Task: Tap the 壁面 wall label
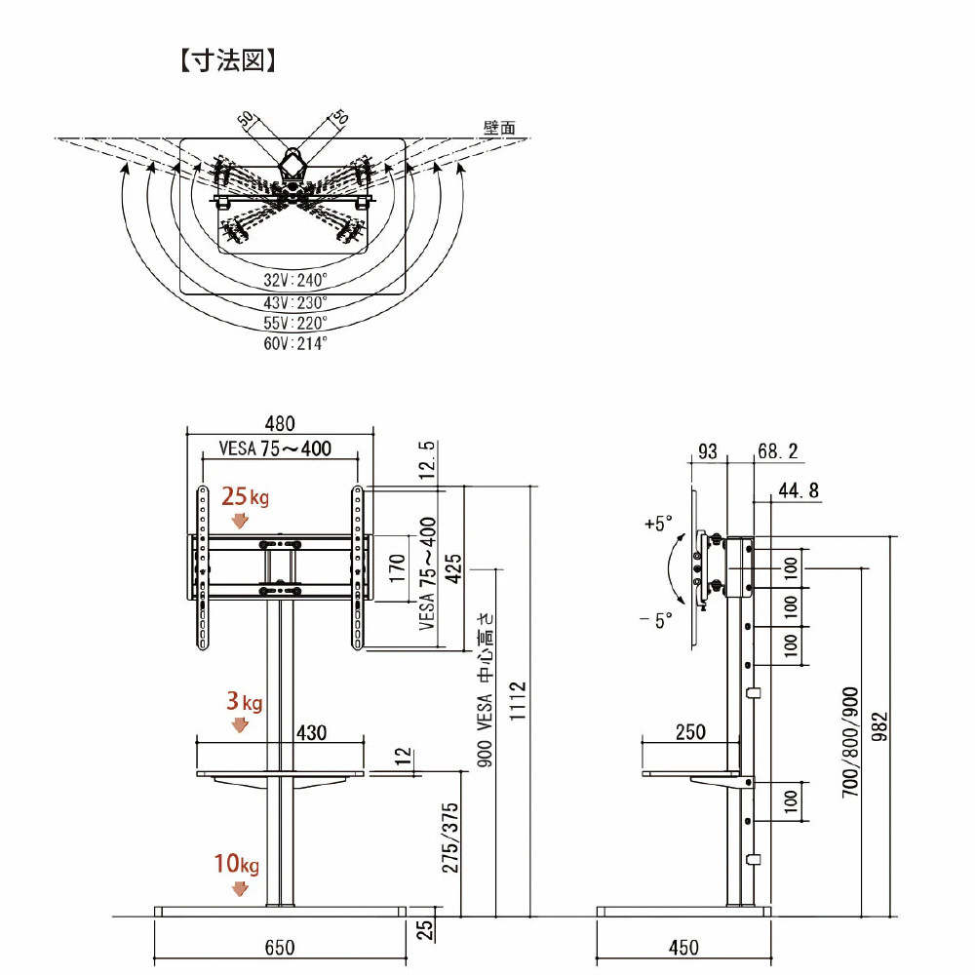499,128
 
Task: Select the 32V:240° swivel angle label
294,279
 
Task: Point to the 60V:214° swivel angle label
294,343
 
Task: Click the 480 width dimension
281,424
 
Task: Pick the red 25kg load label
244,497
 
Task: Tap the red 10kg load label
237,864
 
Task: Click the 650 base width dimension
280,947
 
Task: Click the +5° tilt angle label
658,524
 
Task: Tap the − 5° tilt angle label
656,621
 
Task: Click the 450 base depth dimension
683,947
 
